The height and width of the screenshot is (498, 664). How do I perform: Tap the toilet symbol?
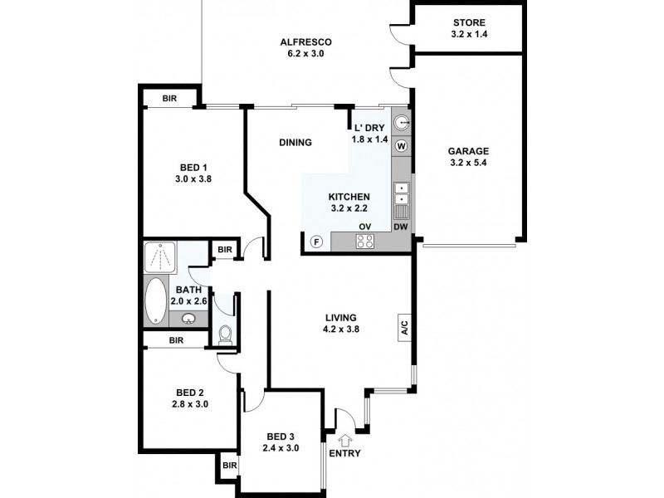(x=225, y=334)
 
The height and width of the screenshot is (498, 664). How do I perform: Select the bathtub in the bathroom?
(x=155, y=302)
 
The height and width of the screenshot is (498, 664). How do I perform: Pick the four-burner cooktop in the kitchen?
(x=364, y=242)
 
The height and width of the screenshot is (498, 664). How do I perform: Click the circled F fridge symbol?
(x=315, y=242)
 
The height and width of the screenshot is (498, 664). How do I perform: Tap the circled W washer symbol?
(x=402, y=147)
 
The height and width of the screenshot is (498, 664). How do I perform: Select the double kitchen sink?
(x=402, y=193)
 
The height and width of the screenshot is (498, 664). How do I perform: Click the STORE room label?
(x=470, y=22)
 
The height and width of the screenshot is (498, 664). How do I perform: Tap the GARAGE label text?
(x=469, y=151)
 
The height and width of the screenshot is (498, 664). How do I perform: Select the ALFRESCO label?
(x=305, y=41)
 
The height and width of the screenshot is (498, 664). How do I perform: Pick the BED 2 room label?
(x=190, y=393)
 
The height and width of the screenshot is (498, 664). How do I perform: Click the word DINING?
(x=295, y=143)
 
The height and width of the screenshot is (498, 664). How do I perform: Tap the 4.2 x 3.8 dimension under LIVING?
(x=341, y=329)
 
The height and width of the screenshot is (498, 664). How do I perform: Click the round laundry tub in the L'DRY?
(x=402, y=123)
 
